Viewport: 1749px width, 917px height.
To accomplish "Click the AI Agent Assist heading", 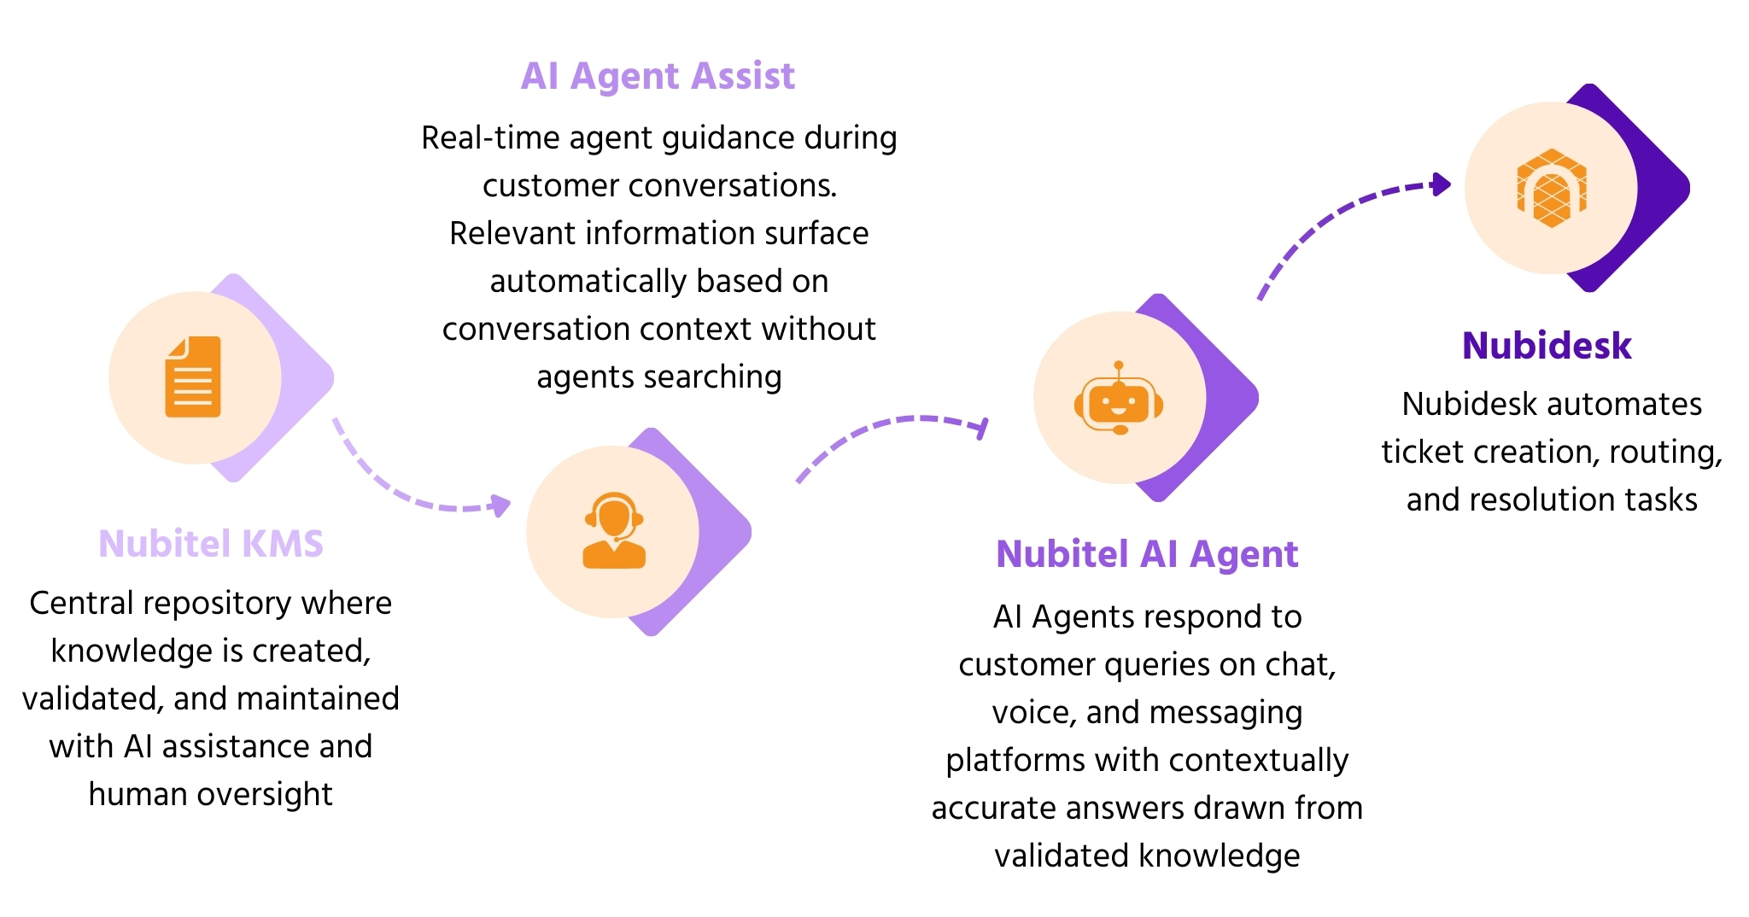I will point(658,76).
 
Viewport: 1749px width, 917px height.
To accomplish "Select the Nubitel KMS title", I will point(211,544).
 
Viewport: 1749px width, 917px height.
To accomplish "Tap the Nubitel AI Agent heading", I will point(1147,554).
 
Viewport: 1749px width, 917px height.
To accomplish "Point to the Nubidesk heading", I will point(1547,346).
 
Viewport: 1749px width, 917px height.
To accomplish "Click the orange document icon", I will point(193,377).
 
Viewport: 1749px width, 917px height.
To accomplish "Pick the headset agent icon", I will point(613,530).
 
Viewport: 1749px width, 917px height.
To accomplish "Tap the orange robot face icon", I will point(1119,398).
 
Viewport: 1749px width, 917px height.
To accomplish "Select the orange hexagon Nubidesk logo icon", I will point(1551,188).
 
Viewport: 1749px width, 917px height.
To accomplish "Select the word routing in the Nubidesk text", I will point(1665,452).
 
